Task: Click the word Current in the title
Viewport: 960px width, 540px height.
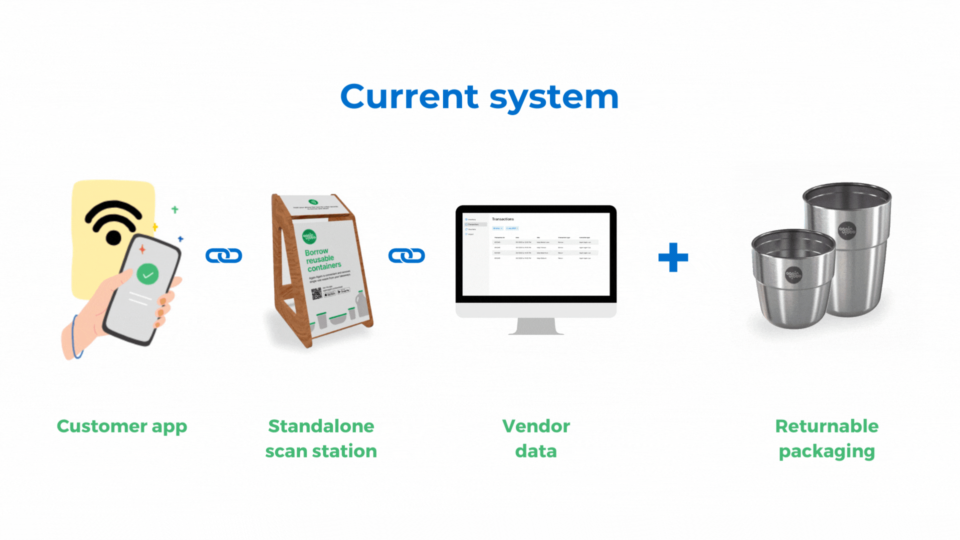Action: [409, 96]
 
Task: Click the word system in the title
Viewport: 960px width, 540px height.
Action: [554, 97]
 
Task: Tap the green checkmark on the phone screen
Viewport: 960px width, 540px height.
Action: [147, 274]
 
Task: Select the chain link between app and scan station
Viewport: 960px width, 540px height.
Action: [224, 256]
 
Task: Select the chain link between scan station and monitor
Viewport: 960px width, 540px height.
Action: [406, 256]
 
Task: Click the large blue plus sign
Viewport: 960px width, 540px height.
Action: [673, 257]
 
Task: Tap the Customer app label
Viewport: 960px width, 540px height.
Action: [122, 426]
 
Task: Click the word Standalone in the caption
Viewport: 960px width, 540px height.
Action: [321, 426]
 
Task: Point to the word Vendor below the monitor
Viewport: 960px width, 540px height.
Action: [536, 426]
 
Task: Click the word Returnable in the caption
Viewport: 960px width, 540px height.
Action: [826, 426]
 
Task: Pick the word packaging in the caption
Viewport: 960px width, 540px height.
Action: [826, 451]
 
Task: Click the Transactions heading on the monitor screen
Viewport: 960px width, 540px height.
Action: [502, 219]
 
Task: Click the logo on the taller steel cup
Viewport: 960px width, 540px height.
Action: [847, 230]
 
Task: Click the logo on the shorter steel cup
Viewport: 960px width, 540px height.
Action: [793, 274]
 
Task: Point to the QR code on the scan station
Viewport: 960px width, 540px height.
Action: [317, 293]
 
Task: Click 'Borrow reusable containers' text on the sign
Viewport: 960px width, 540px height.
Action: [322, 259]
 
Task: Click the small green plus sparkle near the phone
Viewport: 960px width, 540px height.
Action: [174, 209]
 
